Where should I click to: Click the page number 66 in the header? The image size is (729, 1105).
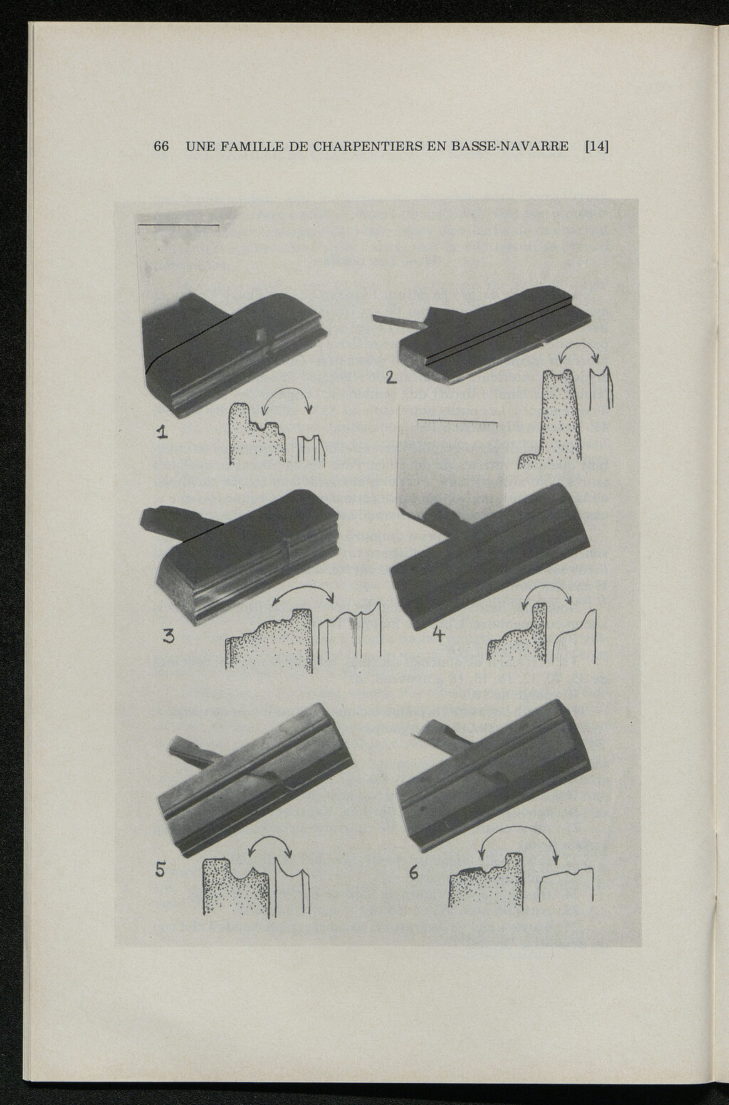(x=162, y=147)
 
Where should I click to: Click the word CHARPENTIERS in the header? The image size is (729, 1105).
(x=369, y=147)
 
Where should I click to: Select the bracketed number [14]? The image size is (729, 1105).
(x=597, y=147)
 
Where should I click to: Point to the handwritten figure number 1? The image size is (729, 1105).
(x=162, y=433)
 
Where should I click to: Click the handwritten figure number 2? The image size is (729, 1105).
(x=391, y=378)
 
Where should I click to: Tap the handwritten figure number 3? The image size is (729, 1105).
(x=168, y=637)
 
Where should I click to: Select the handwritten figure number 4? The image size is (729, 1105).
(x=438, y=635)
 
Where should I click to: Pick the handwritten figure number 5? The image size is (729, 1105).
(x=160, y=871)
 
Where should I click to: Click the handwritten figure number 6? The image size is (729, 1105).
(x=414, y=873)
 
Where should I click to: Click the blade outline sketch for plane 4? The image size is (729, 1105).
(x=575, y=638)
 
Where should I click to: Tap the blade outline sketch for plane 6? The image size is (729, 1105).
(x=566, y=884)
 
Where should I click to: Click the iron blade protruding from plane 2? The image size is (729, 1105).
(x=397, y=321)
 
